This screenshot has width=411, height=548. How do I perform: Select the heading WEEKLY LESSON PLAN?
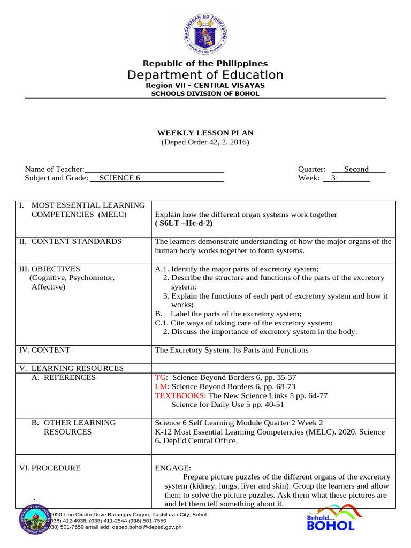(205, 133)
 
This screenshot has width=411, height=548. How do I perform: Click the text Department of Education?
(205, 75)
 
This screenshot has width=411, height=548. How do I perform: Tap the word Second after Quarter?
(356, 169)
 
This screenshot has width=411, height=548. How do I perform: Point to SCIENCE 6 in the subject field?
(120, 178)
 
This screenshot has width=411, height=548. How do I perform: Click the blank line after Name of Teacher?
(154, 169)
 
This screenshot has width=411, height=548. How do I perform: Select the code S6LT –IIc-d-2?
(180, 223)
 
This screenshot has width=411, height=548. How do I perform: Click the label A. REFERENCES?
(63, 377)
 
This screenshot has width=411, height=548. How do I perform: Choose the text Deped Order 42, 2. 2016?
(205, 142)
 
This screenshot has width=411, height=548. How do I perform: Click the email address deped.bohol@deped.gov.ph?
(146, 527)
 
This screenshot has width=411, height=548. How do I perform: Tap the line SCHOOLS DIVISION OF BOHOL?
(205, 94)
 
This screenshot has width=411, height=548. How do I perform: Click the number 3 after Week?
(333, 178)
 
